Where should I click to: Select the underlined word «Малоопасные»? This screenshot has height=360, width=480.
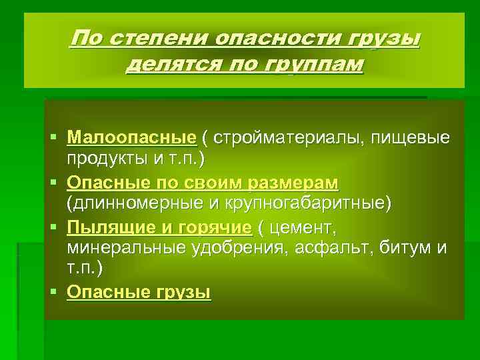132,138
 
